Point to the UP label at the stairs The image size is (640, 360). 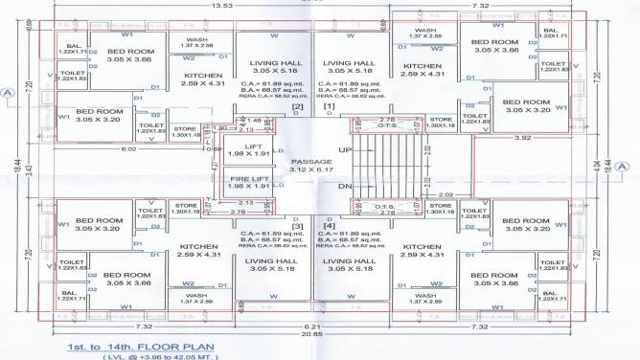coord(346,151)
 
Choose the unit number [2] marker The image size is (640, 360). coord(298,106)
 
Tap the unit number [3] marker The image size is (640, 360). coord(298,226)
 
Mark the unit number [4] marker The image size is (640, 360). coord(331,226)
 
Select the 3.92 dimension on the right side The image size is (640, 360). coord(523,138)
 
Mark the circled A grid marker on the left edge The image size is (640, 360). coord(8,93)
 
